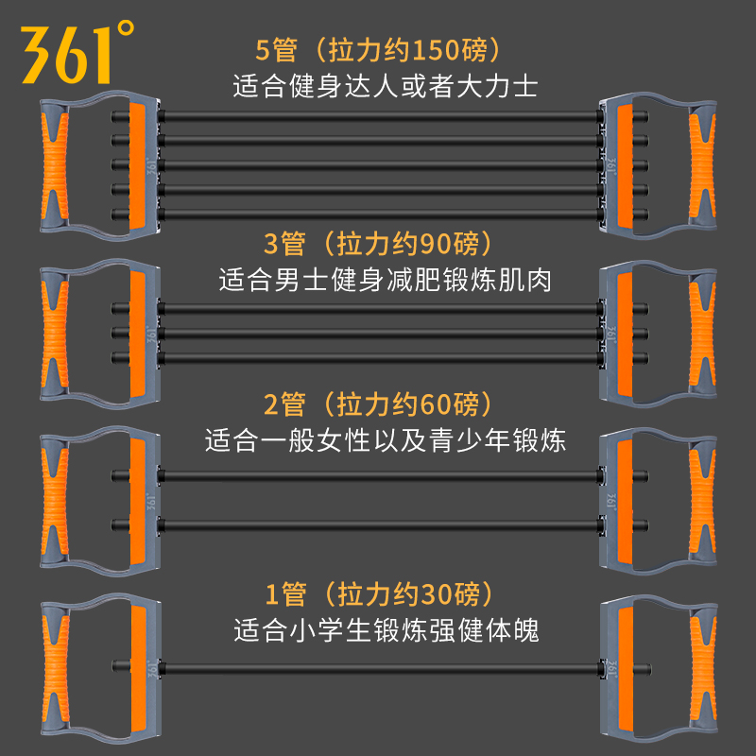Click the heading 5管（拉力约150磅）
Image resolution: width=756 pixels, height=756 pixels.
(377, 49)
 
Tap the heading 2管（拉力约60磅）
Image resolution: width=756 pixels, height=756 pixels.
(377, 405)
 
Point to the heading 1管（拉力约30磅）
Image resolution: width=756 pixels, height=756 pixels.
(377, 594)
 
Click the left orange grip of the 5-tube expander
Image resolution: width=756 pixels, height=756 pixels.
(54, 163)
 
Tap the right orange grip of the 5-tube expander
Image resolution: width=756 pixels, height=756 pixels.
(704, 163)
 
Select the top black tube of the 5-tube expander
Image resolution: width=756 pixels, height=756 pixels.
(378, 116)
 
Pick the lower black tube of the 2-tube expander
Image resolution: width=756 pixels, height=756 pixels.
(378, 522)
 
